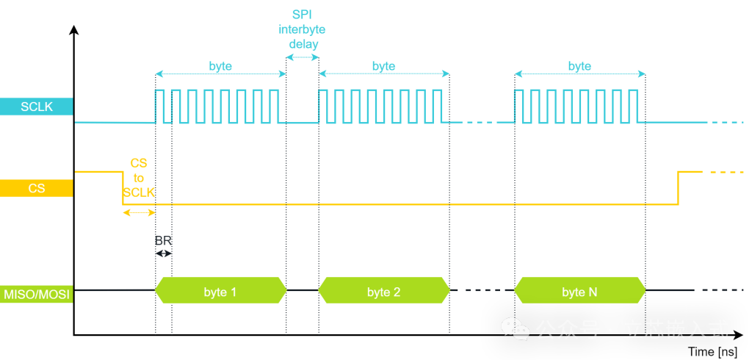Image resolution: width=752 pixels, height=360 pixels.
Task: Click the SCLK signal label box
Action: [x=37, y=107]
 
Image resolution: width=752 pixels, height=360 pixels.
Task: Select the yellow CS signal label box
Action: [x=37, y=188]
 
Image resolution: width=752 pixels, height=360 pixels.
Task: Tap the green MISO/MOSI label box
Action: [x=37, y=295]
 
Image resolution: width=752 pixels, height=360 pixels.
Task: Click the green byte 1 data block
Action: [x=220, y=292]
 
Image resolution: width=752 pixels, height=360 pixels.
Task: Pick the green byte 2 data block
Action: [x=383, y=292]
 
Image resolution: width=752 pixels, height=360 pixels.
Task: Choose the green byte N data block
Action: [x=579, y=292]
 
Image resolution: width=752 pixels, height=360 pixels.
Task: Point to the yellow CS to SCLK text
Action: [x=139, y=177]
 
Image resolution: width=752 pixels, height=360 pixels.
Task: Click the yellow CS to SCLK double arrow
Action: [x=139, y=212]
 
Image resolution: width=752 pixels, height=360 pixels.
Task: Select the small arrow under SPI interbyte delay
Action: [x=302, y=57]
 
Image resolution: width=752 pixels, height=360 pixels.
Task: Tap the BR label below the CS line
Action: [x=163, y=240]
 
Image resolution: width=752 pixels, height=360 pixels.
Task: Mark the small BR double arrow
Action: [x=163, y=253]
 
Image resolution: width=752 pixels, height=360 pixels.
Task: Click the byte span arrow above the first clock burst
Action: [x=220, y=73]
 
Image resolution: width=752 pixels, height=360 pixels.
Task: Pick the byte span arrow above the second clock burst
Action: [x=383, y=73]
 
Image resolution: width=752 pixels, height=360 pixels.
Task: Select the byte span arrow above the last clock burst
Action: [x=579, y=73]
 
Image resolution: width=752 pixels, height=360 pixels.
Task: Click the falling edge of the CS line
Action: [x=123, y=188]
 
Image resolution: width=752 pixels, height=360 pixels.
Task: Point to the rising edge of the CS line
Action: [x=678, y=188]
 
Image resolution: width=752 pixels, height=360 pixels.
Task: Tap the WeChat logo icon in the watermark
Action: [x=515, y=329]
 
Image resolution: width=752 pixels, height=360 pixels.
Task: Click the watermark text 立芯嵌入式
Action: [x=676, y=329]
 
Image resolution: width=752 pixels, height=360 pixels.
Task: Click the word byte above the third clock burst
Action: [x=579, y=66]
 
